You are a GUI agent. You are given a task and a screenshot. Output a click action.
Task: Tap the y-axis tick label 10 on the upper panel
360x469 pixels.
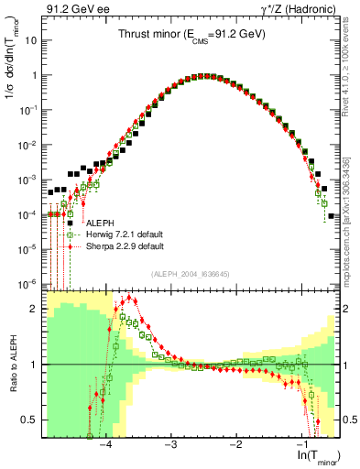pos(32,41)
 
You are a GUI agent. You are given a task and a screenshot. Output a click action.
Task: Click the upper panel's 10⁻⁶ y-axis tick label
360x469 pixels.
pos(30,283)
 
